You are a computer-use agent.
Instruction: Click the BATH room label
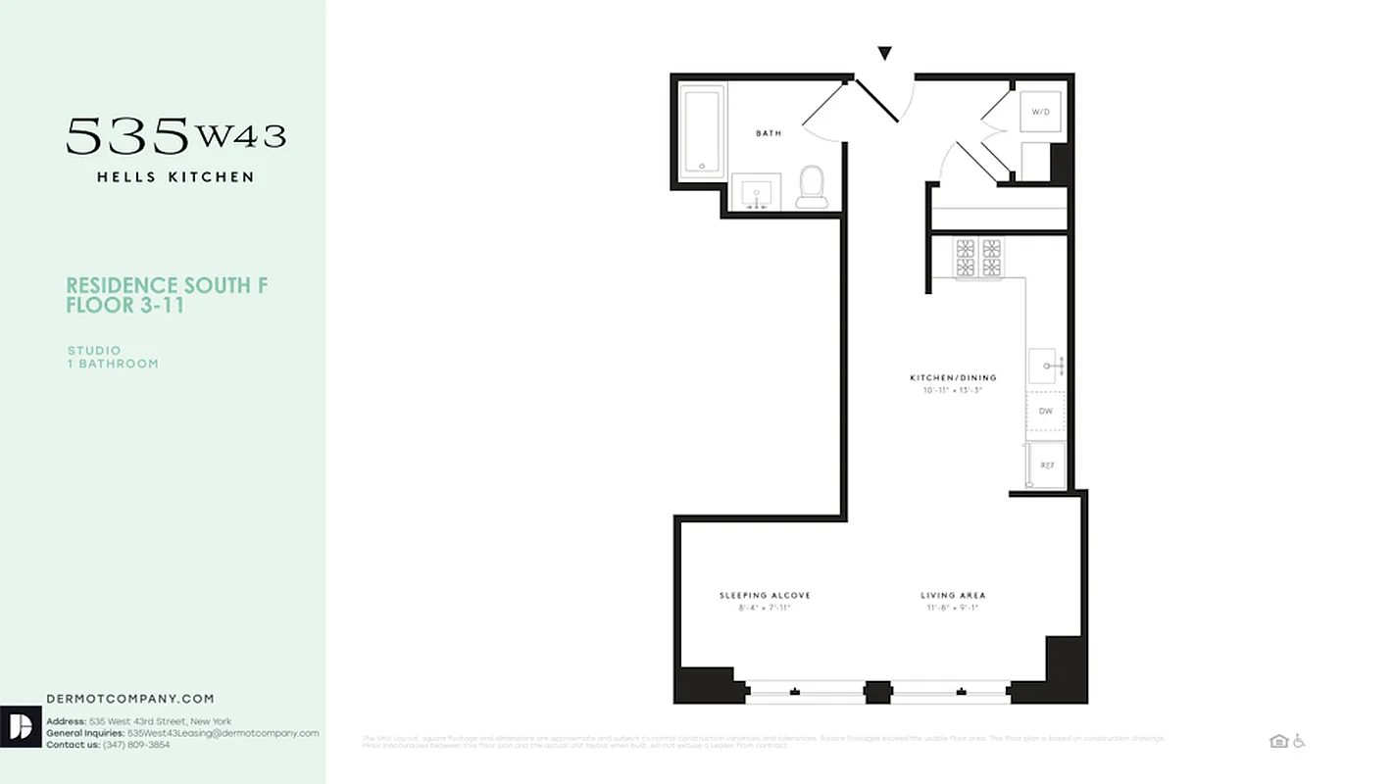pyautogui.click(x=769, y=133)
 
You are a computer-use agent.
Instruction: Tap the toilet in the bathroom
pyautogui.click(x=812, y=186)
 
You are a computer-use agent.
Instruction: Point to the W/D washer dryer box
pyautogui.click(x=1040, y=112)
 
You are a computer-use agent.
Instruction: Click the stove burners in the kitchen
pyautogui.click(x=979, y=258)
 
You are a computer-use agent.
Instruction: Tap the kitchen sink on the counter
pyautogui.click(x=1045, y=366)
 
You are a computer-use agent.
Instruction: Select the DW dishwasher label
pyautogui.click(x=1046, y=412)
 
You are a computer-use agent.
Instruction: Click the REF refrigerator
pyautogui.click(x=1046, y=465)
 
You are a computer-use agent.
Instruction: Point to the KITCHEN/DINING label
pyautogui.click(x=953, y=377)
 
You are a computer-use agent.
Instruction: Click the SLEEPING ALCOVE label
pyautogui.click(x=765, y=596)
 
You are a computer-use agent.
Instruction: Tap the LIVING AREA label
pyautogui.click(x=953, y=596)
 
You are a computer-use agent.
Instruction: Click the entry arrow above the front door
pyautogui.click(x=884, y=54)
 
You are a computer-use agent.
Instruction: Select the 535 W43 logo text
pyautogui.click(x=176, y=136)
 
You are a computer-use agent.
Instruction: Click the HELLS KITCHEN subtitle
pyautogui.click(x=175, y=177)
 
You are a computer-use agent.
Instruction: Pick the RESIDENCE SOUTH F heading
pyautogui.click(x=167, y=286)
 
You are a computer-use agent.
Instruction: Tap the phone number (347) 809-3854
pyautogui.click(x=136, y=745)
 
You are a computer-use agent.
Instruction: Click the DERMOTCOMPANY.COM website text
pyautogui.click(x=130, y=699)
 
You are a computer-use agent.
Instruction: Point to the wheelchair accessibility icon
pyautogui.click(x=1299, y=741)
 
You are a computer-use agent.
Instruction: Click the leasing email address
pyautogui.click(x=224, y=733)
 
